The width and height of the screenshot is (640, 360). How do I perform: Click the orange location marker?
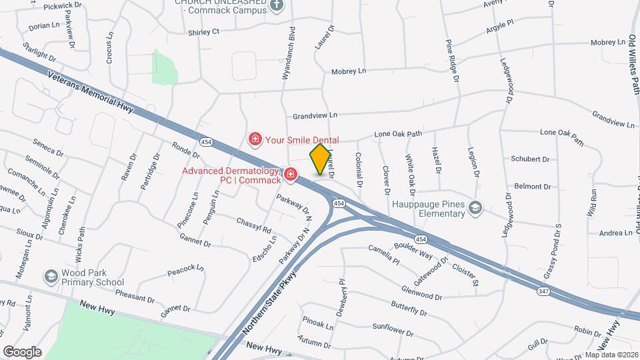click(321, 159)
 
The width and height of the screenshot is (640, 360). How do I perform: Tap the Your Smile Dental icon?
click(254, 139)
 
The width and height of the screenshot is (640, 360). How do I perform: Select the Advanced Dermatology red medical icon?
click(290, 175)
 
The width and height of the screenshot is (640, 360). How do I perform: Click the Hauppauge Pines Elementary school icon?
click(475, 208)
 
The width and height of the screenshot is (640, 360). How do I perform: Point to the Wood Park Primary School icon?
click(51, 277)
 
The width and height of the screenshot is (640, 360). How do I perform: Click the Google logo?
click(23, 351)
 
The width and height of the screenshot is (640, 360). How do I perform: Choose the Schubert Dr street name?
click(530, 159)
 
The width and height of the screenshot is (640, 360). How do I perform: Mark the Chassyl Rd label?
click(254, 225)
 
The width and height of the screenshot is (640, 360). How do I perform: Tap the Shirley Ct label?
click(203, 31)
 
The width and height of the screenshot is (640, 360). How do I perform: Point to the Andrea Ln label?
click(615, 233)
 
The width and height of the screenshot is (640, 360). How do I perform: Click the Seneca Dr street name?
click(49, 148)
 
